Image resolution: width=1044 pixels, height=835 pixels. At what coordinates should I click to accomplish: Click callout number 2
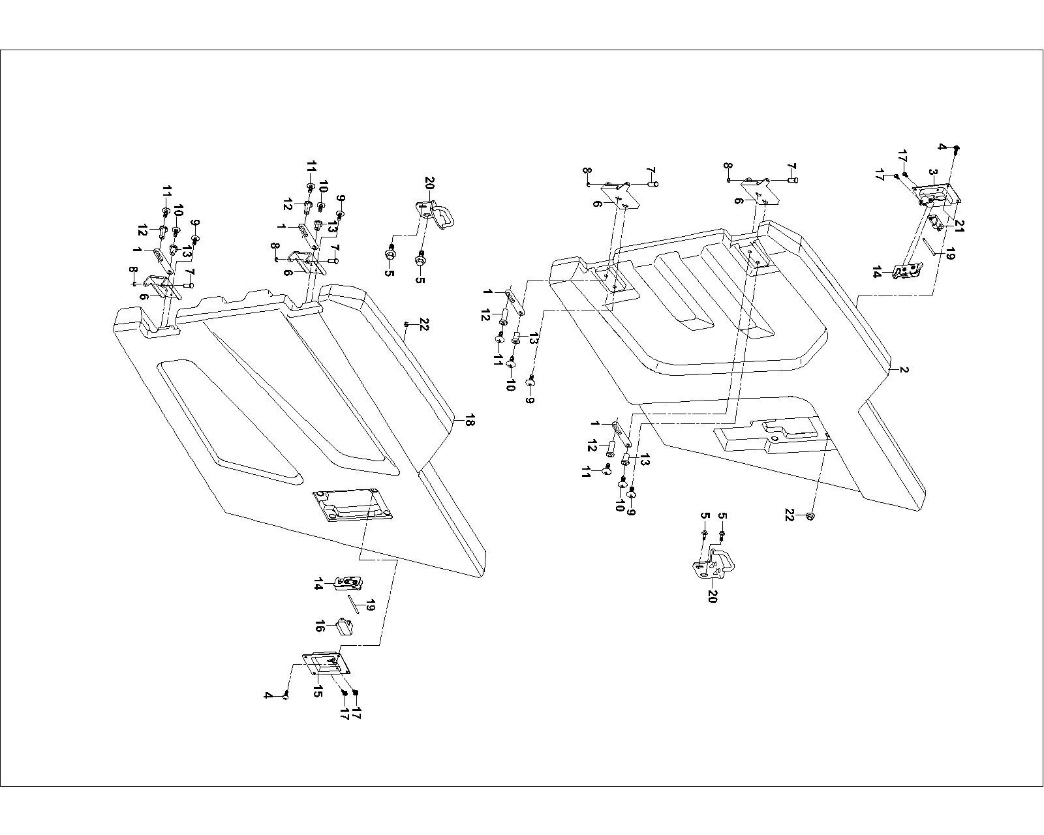tap(904, 370)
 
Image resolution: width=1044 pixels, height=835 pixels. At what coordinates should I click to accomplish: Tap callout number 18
tap(468, 421)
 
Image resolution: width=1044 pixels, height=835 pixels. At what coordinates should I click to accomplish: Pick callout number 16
tap(320, 627)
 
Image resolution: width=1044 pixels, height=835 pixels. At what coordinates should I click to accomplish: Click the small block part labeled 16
tap(343, 626)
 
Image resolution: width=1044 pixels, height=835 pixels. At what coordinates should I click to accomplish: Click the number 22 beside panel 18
tap(423, 324)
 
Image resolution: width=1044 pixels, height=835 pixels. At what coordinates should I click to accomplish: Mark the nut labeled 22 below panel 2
tap(810, 517)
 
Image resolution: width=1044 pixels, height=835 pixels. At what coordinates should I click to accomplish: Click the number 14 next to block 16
tap(318, 584)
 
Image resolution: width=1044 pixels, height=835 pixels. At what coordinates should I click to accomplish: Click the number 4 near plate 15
tap(268, 695)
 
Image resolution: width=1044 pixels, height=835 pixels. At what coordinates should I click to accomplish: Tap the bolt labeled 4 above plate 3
tap(957, 149)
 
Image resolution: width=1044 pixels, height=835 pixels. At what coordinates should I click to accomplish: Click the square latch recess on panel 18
tap(353, 505)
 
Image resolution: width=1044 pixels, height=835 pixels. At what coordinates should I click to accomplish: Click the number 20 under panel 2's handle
tap(712, 596)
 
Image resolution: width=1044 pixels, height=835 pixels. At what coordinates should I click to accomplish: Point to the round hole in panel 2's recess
tap(775, 439)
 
